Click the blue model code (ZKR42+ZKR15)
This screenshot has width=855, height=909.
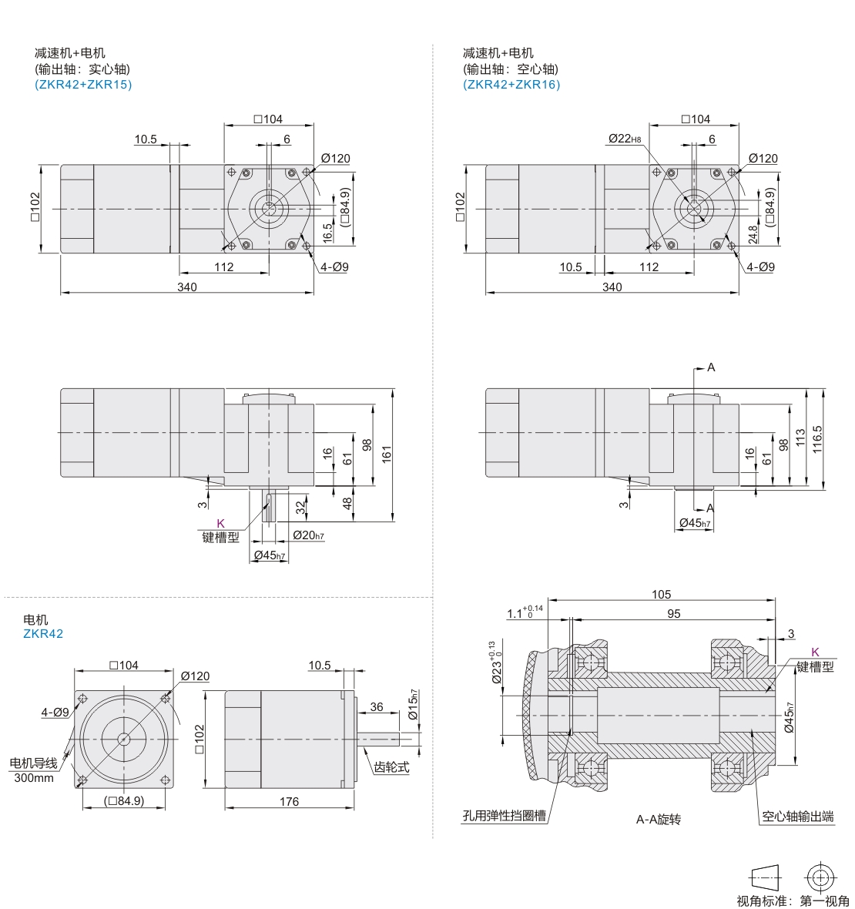tap(83, 85)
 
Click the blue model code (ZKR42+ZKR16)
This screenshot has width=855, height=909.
tap(511, 85)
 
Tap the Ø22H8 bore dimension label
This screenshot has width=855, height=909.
tap(625, 139)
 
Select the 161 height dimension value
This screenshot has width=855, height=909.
tap(387, 453)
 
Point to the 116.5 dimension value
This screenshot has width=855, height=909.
tap(817, 439)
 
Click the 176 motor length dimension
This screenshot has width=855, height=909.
tap(290, 801)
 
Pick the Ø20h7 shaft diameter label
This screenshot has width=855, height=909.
tap(308, 535)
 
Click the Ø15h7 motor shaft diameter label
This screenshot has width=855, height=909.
tap(413, 704)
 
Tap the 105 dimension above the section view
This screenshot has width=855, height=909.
tap(662, 594)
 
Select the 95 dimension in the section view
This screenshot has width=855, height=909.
tap(673, 613)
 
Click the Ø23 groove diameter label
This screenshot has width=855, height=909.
tap(495, 662)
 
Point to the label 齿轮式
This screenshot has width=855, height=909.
tap(391, 767)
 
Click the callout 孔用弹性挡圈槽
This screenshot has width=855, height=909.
tap(505, 816)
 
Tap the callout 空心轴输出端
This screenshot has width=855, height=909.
tap(797, 817)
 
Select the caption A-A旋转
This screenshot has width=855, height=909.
tap(658, 819)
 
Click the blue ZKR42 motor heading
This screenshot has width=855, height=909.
tap(43, 634)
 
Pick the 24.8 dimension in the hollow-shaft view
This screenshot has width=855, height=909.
tap(753, 234)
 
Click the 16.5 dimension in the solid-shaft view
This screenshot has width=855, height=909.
tap(327, 233)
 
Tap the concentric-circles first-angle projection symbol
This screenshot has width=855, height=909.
tap(820, 877)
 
